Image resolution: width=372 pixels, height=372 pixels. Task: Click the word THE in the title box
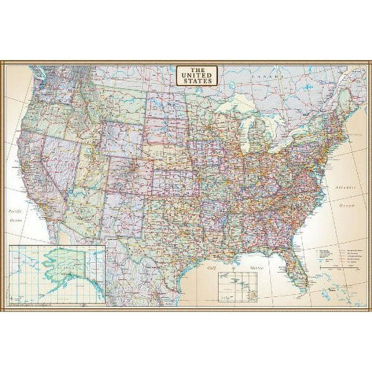(x=197, y=68)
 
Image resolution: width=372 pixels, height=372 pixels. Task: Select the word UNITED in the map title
(x=197, y=74)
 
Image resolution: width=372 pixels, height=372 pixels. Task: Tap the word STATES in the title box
(x=197, y=81)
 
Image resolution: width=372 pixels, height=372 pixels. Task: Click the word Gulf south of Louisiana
(x=211, y=266)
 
